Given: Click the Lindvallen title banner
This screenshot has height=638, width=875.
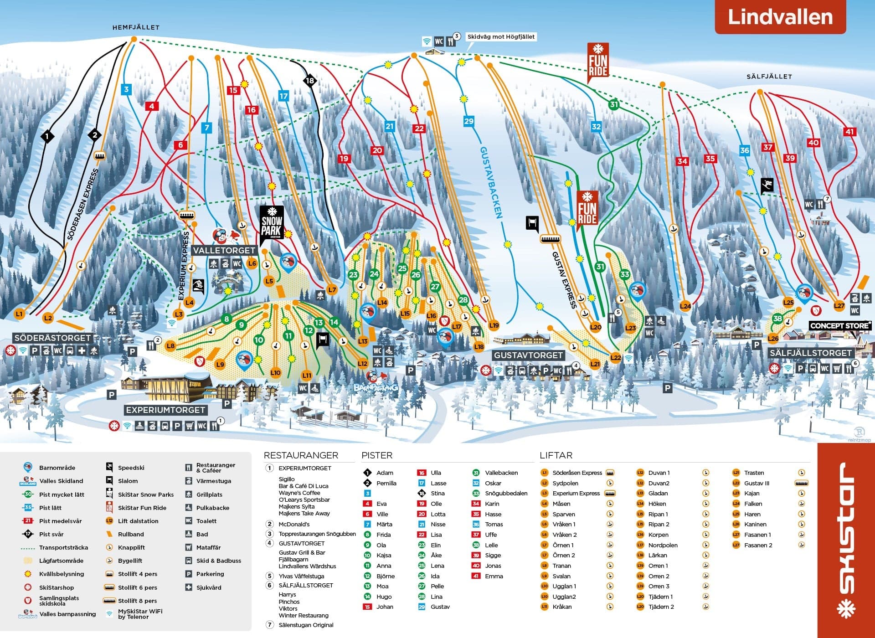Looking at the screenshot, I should point(780,17).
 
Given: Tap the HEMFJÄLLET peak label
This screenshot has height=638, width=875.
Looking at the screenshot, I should point(136,27).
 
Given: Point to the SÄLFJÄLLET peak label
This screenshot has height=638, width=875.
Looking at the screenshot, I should point(769,77).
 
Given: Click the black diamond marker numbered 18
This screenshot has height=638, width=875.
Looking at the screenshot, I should point(309,81).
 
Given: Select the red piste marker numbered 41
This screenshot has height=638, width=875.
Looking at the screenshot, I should point(849,132).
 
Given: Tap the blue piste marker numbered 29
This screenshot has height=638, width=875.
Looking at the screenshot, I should point(468,121).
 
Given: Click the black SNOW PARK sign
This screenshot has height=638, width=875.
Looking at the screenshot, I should point(272,223).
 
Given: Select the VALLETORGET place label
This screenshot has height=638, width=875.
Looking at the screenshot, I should point(224,251).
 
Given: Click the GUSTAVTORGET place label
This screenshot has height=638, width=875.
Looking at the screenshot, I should point(528,355).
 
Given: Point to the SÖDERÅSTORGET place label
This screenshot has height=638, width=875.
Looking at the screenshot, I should point(52,338).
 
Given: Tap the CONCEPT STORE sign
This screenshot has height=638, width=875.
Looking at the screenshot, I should point(839,326).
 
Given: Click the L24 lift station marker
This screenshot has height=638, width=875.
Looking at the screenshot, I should point(685,306).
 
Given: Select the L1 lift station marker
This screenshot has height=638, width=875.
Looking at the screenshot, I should point(19,314).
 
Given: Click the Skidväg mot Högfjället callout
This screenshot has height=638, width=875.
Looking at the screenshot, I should point(501,37).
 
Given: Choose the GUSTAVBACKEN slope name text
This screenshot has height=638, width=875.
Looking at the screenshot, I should point(491,182).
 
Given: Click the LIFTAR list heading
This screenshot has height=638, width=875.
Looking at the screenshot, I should point(556,455).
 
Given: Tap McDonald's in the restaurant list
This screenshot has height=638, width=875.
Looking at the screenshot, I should point(294,524).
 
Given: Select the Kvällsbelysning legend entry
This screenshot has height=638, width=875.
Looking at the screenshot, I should point(62,574).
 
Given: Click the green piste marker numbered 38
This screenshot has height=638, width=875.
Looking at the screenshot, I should point(777,319).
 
